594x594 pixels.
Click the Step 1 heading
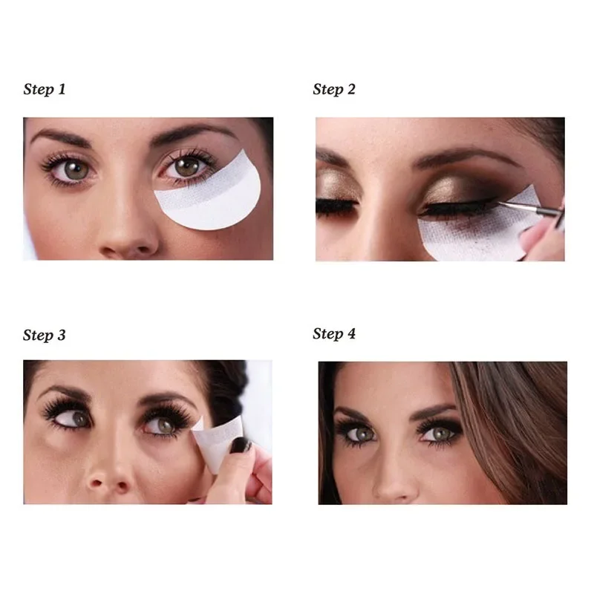[x=45, y=90]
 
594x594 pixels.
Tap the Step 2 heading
[x=334, y=90]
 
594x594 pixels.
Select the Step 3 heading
[x=45, y=335]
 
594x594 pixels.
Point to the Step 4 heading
[x=334, y=333]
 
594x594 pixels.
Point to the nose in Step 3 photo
[x=111, y=475]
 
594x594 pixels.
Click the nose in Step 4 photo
[x=394, y=483]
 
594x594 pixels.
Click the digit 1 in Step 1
[x=62, y=89]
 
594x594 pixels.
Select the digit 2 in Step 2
[x=350, y=90]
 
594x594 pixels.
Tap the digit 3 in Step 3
[x=61, y=335]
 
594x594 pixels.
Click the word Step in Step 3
[x=37, y=335]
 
